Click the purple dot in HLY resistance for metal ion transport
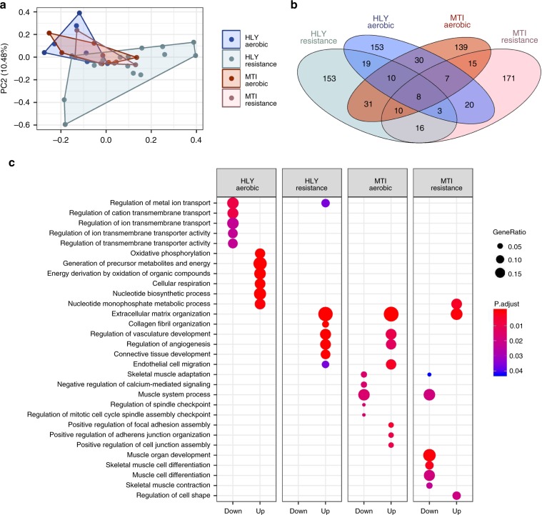coord(326,204)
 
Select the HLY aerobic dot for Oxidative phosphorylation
coord(260,254)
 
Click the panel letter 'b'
coord(296,6)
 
